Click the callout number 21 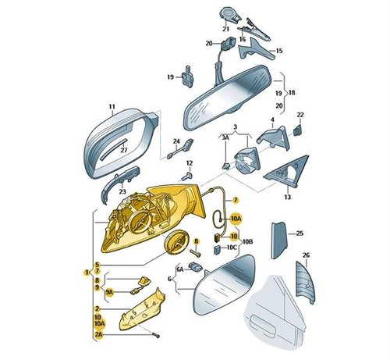click(225, 29)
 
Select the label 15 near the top click(278, 51)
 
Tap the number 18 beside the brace click(292, 92)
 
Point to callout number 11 click(112, 107)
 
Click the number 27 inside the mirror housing click(124, 150)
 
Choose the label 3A click(225, 138)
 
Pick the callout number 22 click(300, 115)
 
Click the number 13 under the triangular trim click(287, 197)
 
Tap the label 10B click(247, 242)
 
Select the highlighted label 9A click(109, 292)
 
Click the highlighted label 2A click(98, 335)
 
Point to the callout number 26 click(307, 255)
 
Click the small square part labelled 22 click(298, 130)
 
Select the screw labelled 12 click(188, 176)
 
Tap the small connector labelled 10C click(217, 249)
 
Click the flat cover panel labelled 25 click(278, 241)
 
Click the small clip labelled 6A click(196, 267)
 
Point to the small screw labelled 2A click(156, 335)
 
